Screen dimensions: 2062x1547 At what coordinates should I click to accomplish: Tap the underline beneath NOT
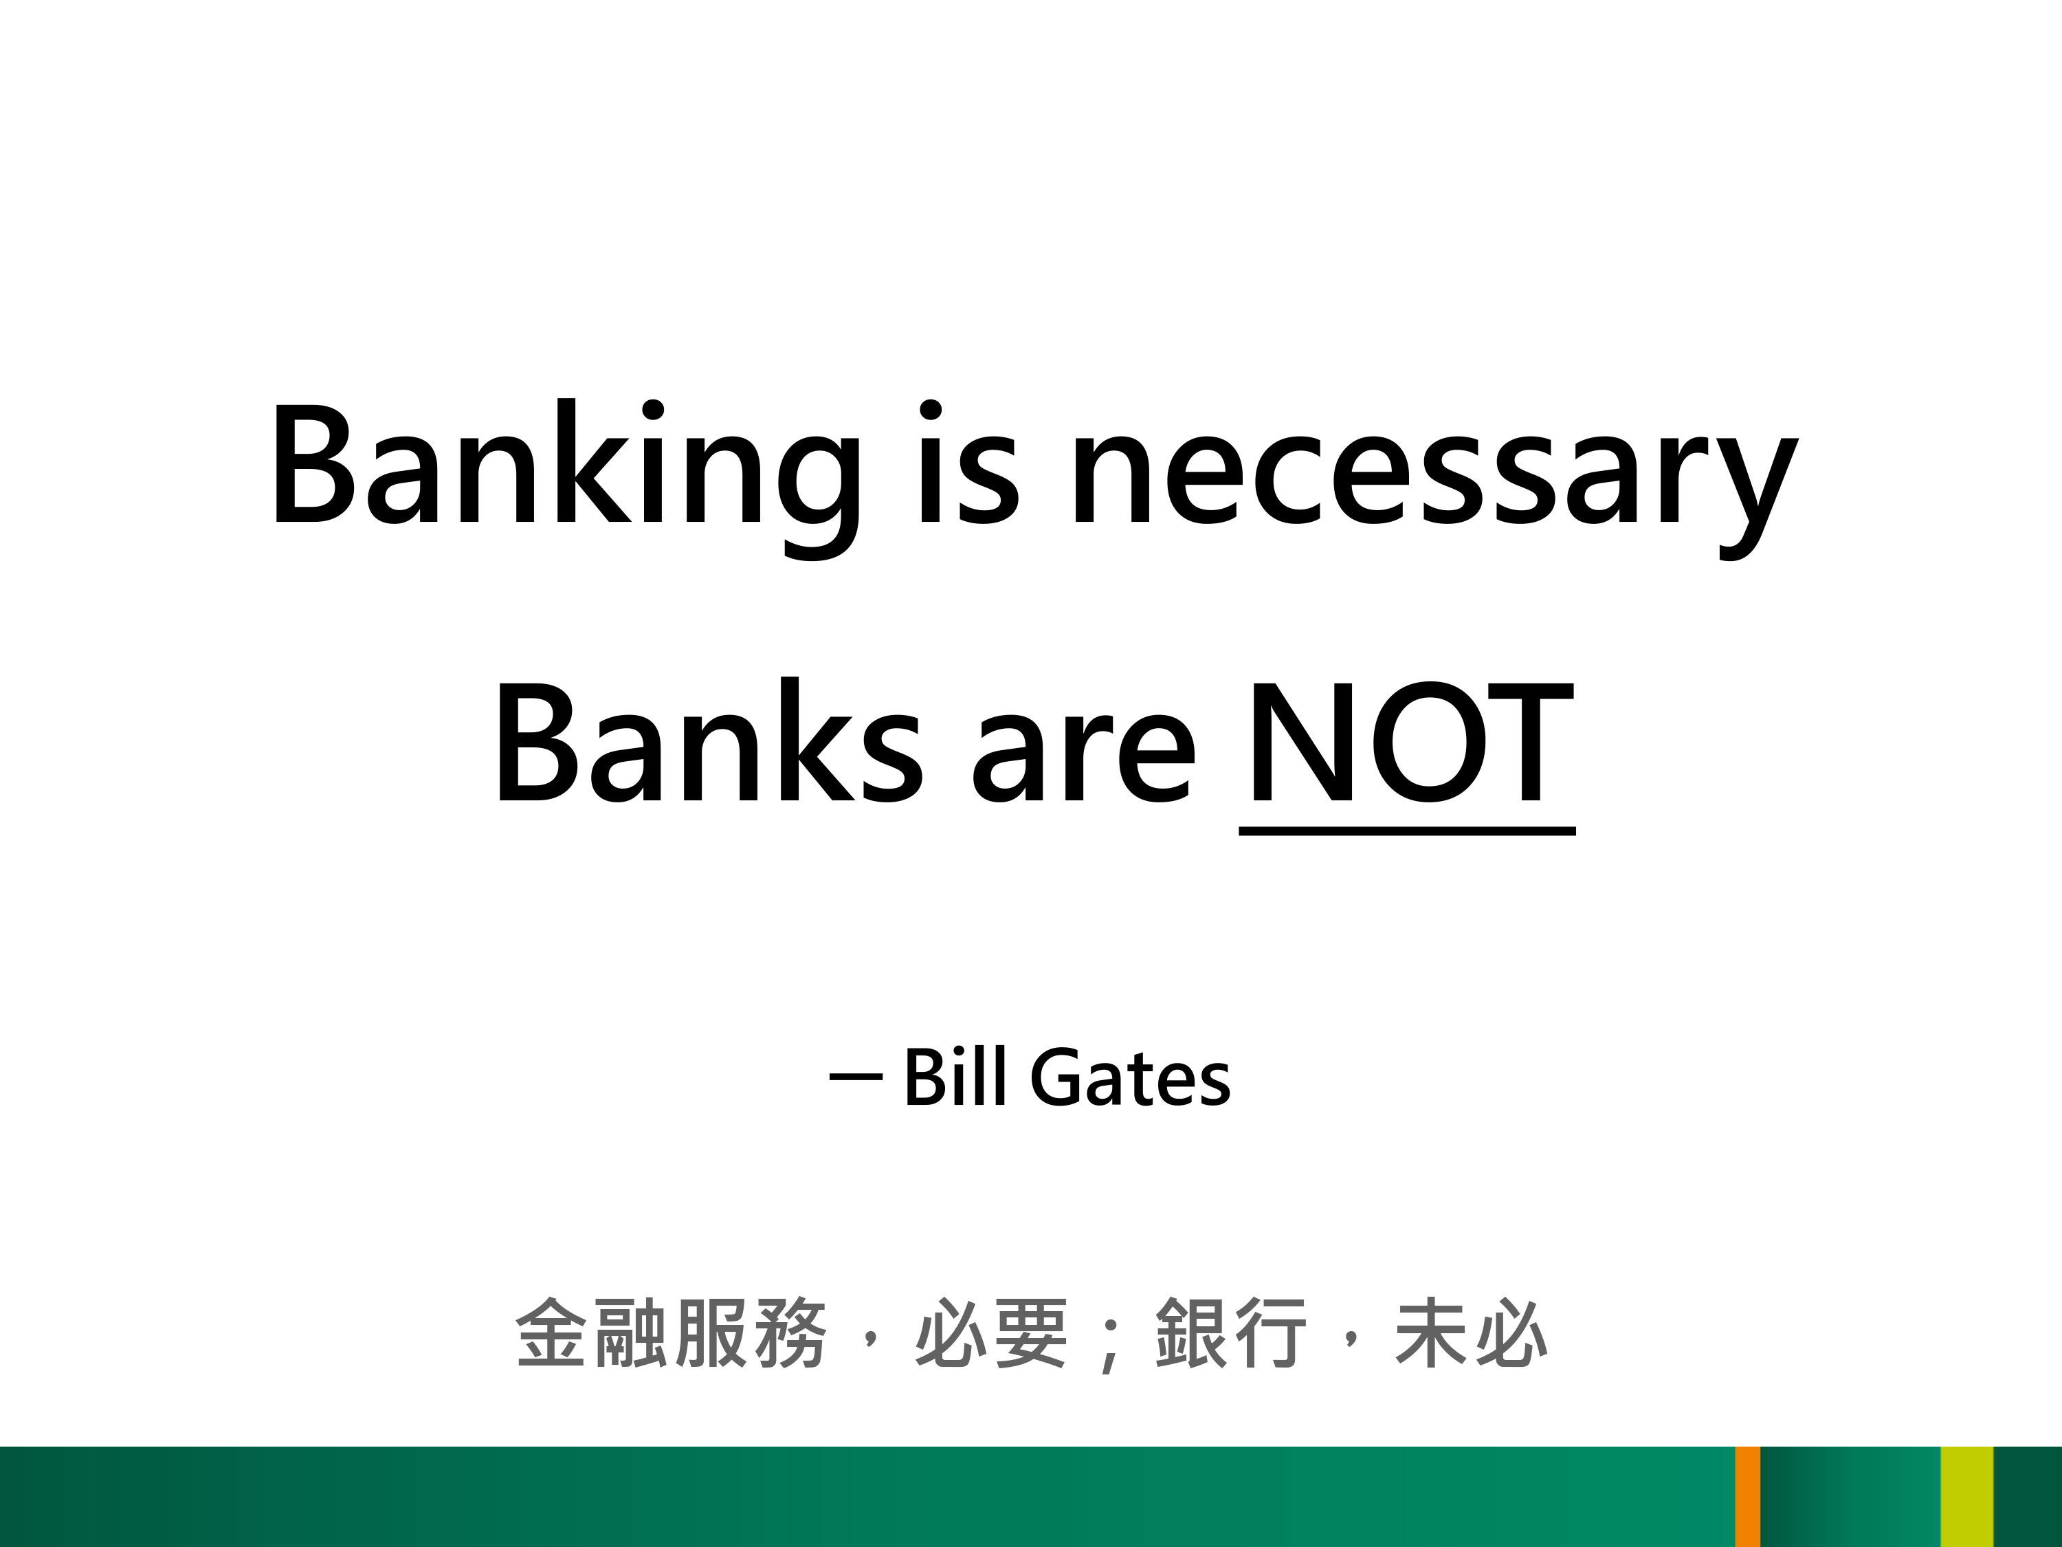click(1407, 830)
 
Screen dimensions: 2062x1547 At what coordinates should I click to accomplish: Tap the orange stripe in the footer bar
click(1748, 1497)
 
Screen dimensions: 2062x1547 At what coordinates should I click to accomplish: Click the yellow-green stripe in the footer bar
click(1967, 1497)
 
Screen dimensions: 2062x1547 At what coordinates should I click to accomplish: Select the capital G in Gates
click(1057, 1077)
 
